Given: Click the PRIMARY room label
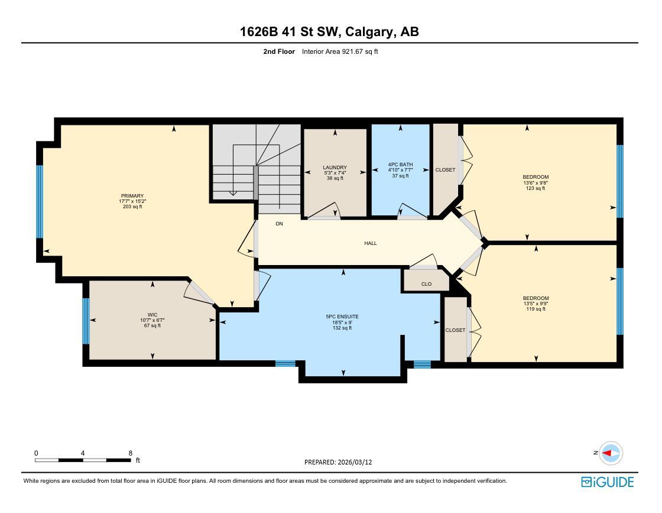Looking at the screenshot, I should click(132, 196).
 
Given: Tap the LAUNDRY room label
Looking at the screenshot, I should click(335, 167).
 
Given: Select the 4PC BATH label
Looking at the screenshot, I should click(400, 164).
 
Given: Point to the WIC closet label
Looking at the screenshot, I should click(152, 315).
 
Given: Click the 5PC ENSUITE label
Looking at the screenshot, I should click(342, 317).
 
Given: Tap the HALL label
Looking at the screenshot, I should click(371, 243).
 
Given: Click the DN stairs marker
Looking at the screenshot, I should click(279, 224).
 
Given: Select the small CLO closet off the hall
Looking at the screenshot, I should click(426, 284).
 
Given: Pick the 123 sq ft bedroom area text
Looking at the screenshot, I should click(536, 188).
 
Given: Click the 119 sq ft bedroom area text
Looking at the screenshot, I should click(536, 309).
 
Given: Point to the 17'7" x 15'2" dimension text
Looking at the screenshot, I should click(132, 201).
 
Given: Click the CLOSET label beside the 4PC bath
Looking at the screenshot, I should click(445, 170).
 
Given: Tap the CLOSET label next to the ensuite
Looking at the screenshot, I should click(455, 330).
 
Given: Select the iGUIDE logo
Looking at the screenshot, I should click(607, 482).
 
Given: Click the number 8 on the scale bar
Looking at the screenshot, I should click(130, 453).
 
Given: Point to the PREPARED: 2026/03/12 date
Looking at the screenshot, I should click(339, 462).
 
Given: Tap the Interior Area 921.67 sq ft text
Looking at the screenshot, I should click(340, 51).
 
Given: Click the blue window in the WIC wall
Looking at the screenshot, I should click(86, 321).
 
